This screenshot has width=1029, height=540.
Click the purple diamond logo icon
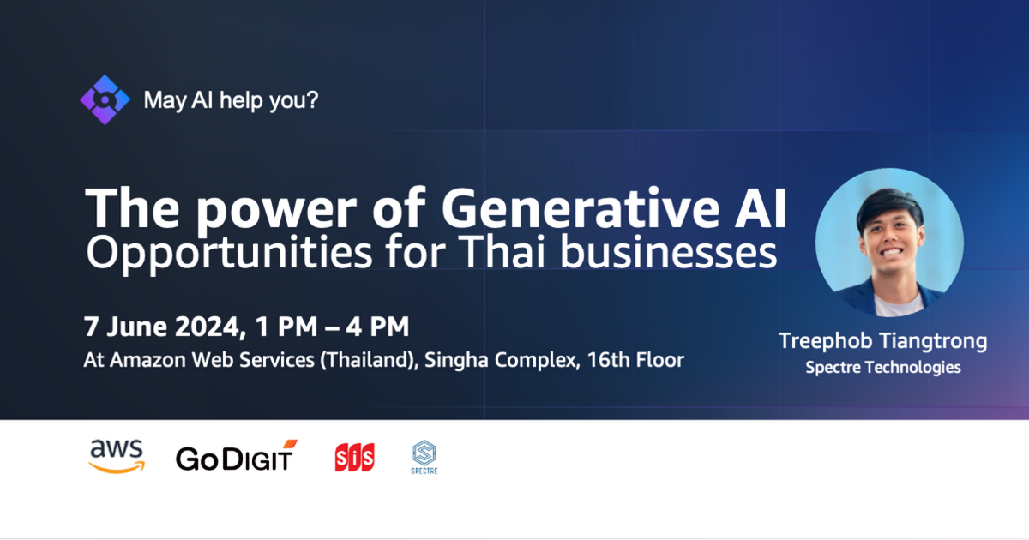[105, 99]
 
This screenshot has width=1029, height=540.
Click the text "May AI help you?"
[231, 100]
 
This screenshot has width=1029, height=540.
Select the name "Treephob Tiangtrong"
[882, 341]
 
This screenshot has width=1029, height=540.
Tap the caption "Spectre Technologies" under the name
[882, 368]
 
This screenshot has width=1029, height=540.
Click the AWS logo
[116, 456]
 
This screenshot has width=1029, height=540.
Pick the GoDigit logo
[236, 457]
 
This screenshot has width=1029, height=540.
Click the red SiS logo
[354, 458]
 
